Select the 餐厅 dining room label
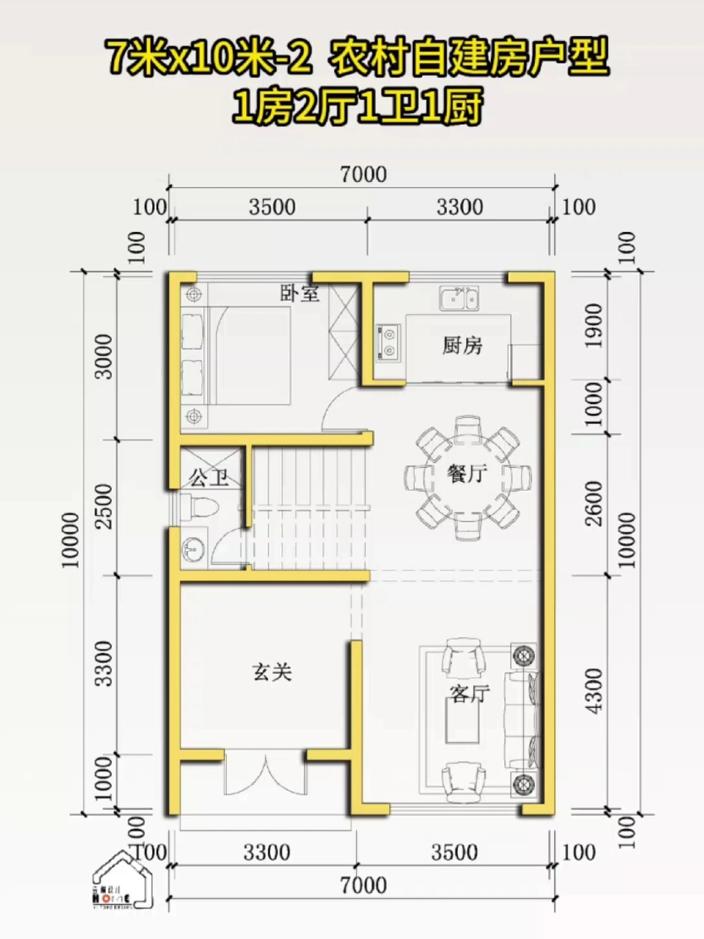pyautogui.click(x=467, y=474)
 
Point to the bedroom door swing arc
pyautogui.click(x=337, y=410)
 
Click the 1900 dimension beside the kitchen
pyautogui.click(x=595, y=326)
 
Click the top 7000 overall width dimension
pyautogui.click(x=364, y=175)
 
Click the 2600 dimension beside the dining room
pyautogui.click(x=595, y=504)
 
